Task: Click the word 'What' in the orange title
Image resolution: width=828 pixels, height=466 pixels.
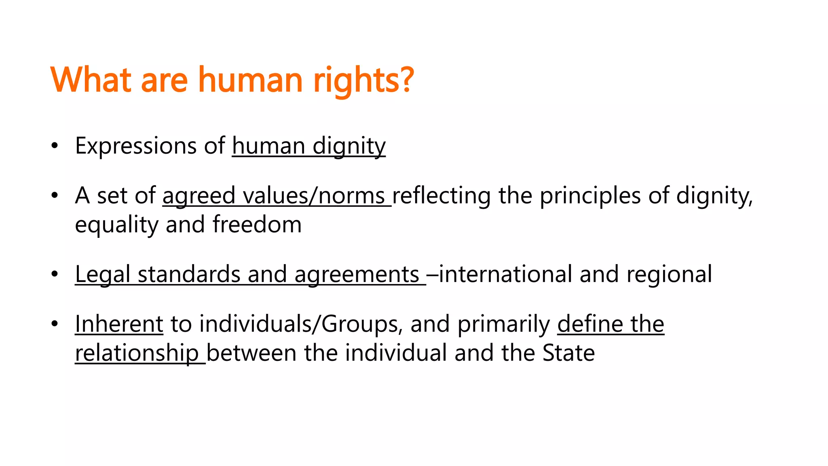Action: coord(91,80)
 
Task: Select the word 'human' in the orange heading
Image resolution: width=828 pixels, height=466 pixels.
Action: coord(250,80)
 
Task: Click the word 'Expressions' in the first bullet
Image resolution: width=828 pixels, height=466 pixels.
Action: coord(135,146)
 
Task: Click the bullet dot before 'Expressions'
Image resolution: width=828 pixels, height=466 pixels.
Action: coord(55,146)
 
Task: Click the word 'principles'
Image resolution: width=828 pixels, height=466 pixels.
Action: coord(590,196)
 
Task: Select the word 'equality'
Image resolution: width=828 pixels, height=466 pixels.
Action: coord(116,225)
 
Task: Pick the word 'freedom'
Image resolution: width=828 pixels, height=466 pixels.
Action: coord(257,225)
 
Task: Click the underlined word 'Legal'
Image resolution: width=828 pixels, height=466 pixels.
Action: coord(102,275)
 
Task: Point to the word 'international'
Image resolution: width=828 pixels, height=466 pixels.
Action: coord(505,275)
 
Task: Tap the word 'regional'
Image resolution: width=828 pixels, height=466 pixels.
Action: coord(669,275)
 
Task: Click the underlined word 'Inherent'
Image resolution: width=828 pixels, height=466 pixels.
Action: coord(119,324)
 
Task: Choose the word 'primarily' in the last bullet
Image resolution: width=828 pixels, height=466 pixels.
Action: coord(503,324)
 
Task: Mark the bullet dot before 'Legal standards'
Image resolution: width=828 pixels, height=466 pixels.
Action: coord(55,275)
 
